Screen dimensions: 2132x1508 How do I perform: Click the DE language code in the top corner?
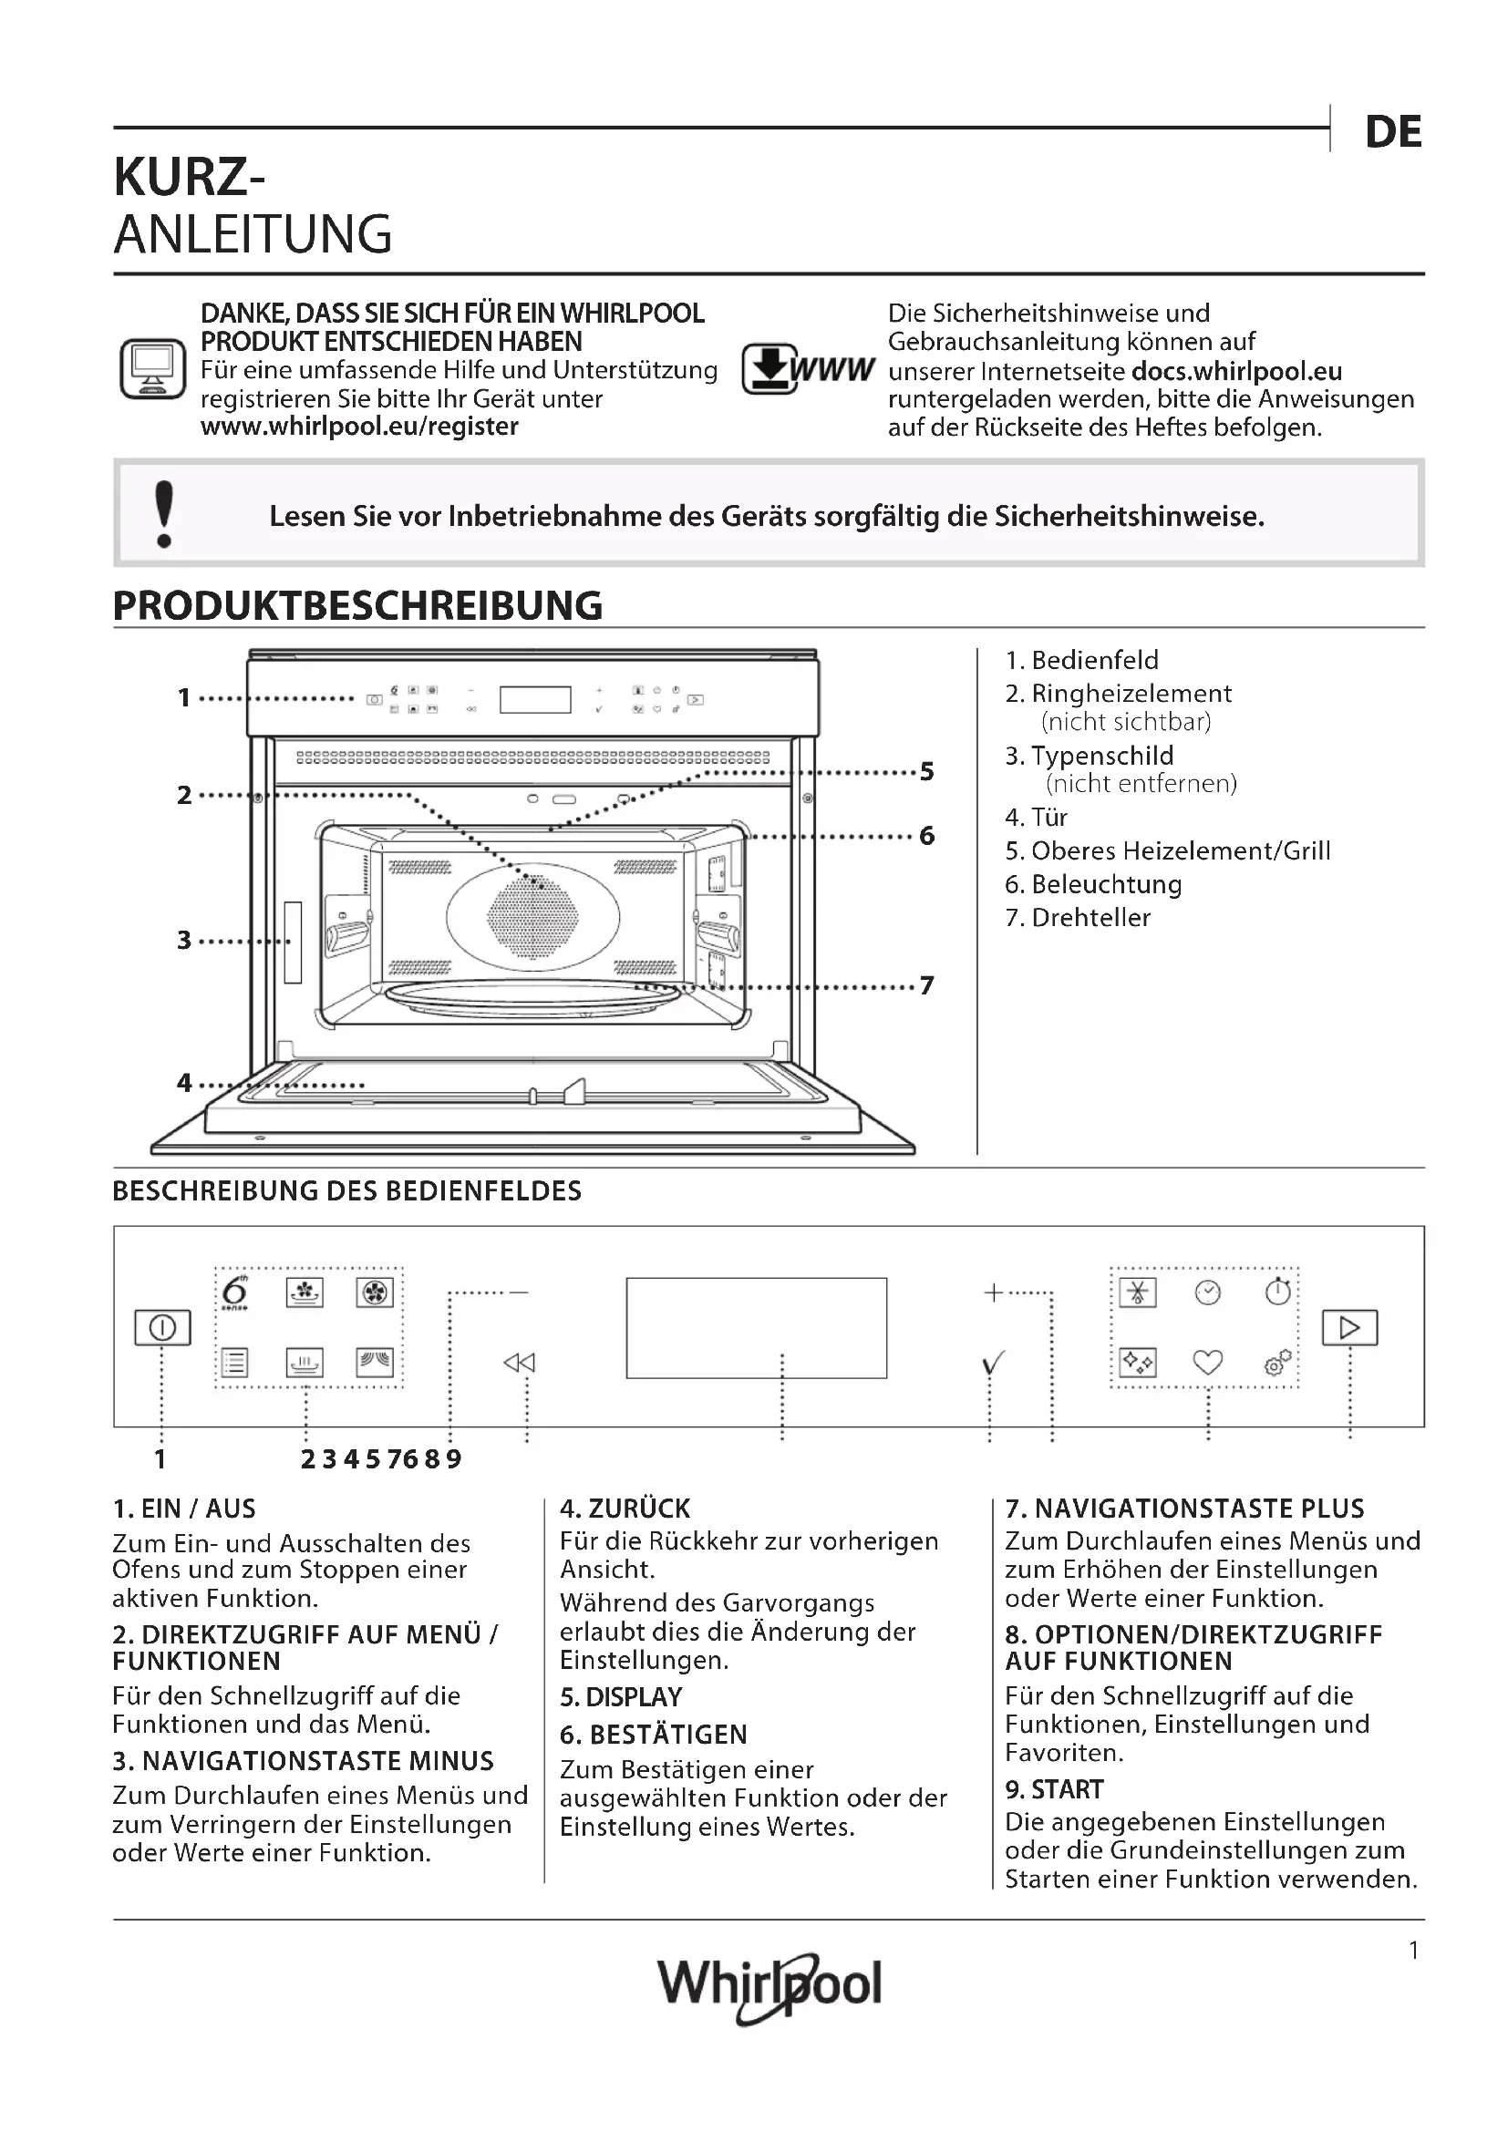pyautogui.click(x=1393, y=132)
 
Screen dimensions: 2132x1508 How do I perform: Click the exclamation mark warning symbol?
pyautogui.click(x=164, y=513)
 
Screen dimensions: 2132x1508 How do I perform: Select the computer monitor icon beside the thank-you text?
pyautogui.click(x=153, y=368)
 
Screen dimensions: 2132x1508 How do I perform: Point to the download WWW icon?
pyautogui.click(x=806, y=368)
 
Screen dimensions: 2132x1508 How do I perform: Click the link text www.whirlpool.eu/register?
pyautogui.click(x=359, y=427)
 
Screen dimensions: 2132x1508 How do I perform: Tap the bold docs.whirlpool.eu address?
pyautogui.click(x=1236, y=371)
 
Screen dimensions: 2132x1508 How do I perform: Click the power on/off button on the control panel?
pyautogui.click(x=162, y=1328)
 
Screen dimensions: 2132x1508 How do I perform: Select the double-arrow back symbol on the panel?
pyautogui.click(x=519, y=1362)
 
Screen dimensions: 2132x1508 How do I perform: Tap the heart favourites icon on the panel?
pyautogui.click(x=1207, y=1362)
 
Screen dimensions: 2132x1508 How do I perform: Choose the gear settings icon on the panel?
pyautogui.click(x=1277, y=1362)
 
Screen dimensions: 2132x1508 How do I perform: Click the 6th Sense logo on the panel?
pyautogui.click(x=236, y=1292)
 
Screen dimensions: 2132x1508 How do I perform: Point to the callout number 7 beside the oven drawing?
pyautogui.click(x=926, y=985)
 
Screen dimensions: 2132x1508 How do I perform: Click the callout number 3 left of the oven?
pyautogui.click(x=184, y=940)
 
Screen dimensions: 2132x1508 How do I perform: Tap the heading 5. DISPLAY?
pyautogui.click(x=620, y=1697)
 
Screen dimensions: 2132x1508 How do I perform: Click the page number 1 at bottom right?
pyautogui.click(x=1413, y=1951)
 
